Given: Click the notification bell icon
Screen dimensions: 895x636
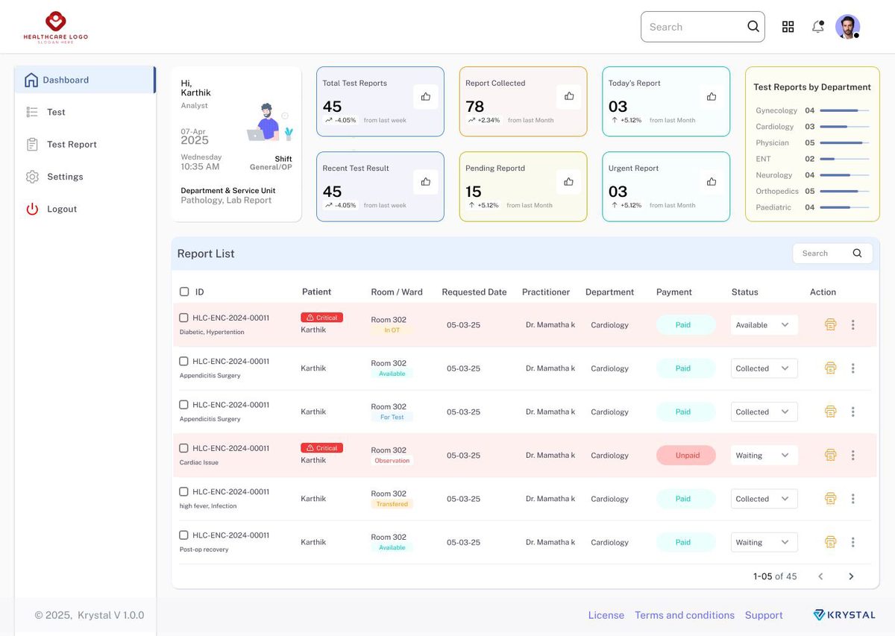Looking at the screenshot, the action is point(818,27).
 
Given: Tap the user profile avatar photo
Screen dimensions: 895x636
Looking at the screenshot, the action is point(847,27).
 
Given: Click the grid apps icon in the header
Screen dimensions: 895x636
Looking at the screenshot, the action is point(788,27).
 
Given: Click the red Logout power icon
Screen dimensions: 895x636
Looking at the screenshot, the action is point(32,209).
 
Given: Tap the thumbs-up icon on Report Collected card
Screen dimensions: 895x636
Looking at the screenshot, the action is point(569,96).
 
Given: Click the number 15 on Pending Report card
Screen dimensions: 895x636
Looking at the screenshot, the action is point(473,192).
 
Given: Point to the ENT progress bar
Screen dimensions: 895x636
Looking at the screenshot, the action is point(844,159).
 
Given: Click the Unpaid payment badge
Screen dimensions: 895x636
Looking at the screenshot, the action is point(686,456).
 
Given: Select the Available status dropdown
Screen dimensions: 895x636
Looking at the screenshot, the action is point(764,325).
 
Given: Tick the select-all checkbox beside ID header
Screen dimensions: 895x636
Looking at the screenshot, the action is point(184,292).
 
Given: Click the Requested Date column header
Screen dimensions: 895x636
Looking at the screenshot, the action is point(474,292).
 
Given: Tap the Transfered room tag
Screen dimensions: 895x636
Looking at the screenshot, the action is point(392,504).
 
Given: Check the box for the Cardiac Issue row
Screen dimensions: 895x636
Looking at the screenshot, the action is point(183,448).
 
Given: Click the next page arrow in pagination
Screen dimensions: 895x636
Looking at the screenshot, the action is point(851,576).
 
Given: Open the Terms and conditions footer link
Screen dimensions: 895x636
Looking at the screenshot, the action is point(685,615).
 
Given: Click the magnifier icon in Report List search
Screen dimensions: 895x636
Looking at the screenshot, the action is point(857,253).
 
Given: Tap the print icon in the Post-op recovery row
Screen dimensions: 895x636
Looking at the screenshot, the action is point(830,542).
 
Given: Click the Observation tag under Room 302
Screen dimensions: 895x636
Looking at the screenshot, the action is point(392,461).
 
